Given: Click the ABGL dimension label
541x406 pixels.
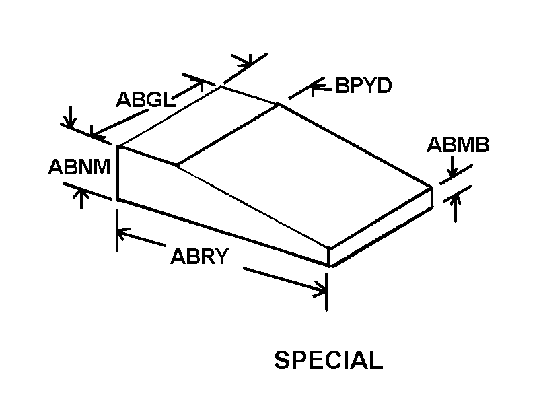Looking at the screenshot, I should [x=145, y=100].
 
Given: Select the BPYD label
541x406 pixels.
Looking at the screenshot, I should [x=363, y=86].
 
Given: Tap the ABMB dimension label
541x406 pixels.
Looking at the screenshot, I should [x=458, y=145].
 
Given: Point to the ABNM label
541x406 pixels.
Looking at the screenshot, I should [x=79, y=166].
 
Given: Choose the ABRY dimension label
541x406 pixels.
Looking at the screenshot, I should [x=200, y=257].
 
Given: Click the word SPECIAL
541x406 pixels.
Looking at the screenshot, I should [x=328, y=360].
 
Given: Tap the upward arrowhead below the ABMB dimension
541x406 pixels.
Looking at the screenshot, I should [x=457, y=197].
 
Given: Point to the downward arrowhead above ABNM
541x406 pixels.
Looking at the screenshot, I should [x=68, y=123].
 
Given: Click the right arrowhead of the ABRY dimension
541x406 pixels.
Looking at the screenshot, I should [x=320, y=290].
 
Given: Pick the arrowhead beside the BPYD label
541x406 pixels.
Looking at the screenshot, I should [x=316, y=86].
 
